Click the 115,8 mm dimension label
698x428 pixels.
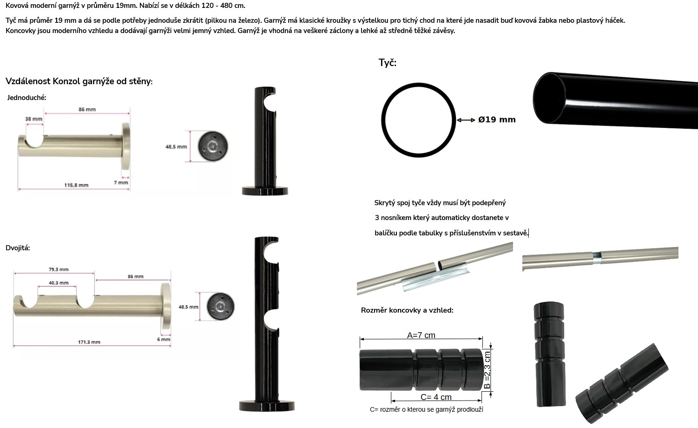(76, 185)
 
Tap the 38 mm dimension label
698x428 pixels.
(33, 119)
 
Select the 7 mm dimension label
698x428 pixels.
(121, 182)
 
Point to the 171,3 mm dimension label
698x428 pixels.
(89, 342)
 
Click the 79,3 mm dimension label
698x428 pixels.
(59, 269)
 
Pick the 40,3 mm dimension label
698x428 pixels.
(59, 283)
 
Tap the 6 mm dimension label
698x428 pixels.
(164, 340)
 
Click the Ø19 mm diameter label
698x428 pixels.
(497, 120)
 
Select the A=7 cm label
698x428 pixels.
(421, 335)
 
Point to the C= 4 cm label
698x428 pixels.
(436, 397)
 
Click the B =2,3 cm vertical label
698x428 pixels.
(487, 370)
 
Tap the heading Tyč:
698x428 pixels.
(387, 63)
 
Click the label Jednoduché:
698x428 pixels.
(26, 98)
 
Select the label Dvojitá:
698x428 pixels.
(18, 248)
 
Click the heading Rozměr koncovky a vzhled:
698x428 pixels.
(407, 310)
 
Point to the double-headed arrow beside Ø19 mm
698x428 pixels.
(466, 120)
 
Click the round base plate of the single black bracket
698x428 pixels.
(265, 191)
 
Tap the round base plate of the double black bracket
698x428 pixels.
(267, 406)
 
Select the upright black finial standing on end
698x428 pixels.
(549, 354)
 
